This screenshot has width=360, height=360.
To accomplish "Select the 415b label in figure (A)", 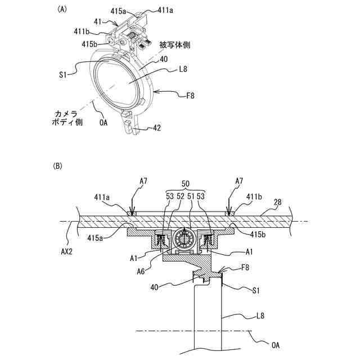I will [91, 43].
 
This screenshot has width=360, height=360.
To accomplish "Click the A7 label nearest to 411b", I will [240, 181].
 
